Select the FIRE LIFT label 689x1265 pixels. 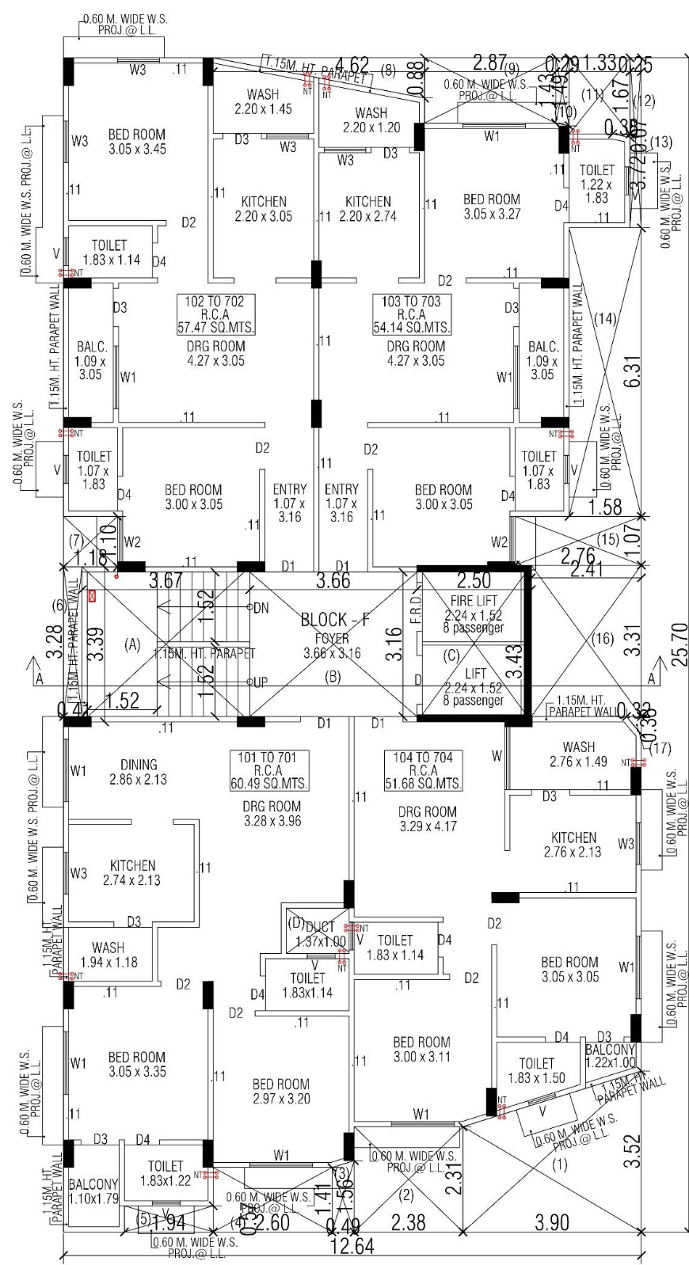click(x=473, y=602)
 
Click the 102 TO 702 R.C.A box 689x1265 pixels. click(x=215, y=314)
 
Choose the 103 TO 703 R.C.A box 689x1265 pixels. click(x=411, y=314)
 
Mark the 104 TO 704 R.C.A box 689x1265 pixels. click(x=424, y=770)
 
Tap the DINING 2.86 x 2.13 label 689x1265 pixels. click(x=139, y=772)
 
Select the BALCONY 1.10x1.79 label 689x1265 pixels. click(x=93, y=1191)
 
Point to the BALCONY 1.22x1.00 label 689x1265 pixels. click(x=610, y=1056)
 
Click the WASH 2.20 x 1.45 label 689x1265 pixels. click(x=263, y=102)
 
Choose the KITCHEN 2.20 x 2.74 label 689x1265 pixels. click(x=368, y=209)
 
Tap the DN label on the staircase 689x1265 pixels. click(x=261, y=608)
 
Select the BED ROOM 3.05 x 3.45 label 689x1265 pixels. click(x=137, y=142)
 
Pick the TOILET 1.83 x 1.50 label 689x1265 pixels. click(x=536, y=1070)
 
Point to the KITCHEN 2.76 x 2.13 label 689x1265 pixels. click(x=573, y=845)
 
